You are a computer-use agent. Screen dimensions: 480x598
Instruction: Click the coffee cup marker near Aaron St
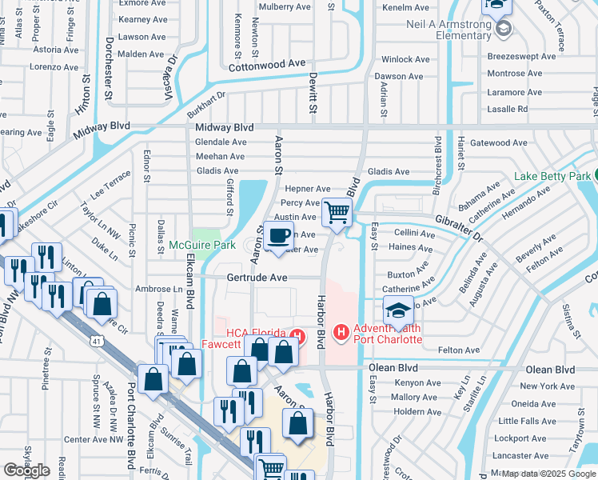[278, 236]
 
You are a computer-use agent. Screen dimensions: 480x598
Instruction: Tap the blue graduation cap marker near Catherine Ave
[397, 310]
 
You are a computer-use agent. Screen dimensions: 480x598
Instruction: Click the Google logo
[26, 470]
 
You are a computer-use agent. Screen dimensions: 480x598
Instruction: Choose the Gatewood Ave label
[499, 143]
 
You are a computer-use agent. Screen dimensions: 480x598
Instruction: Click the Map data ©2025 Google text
[548, 474]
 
